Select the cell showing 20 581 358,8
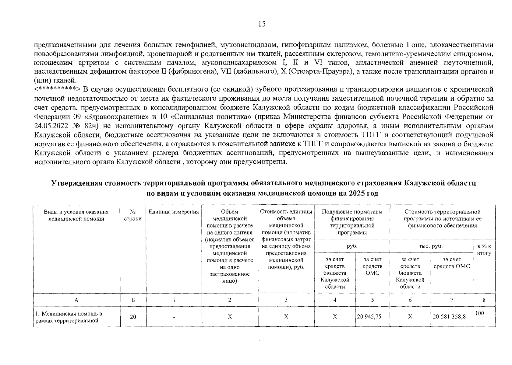point(451,317)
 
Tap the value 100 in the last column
point(479,313)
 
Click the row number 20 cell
point(133,317)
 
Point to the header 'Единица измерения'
point(174,212)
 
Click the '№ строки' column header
point(133,215)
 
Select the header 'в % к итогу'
point(484,249)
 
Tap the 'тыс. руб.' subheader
point(431,246)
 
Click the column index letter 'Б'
point(133,300)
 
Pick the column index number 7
point(451,300)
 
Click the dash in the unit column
point(174,317)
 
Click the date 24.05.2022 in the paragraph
point(51,126)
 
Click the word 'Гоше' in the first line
point(415,45)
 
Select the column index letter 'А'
point(76,300)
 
